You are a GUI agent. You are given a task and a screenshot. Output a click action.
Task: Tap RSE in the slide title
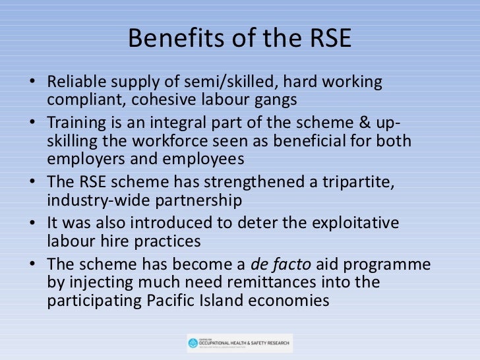coord(329,40)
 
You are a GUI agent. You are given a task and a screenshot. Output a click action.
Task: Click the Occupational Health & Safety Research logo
coord(239,342)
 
